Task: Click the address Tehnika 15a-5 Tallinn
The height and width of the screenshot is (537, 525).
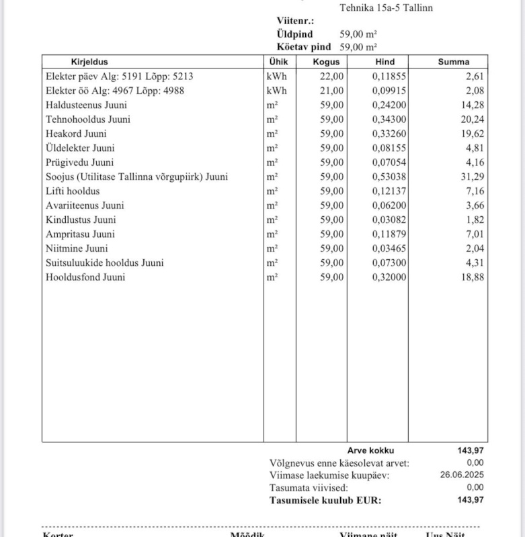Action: tap(386, 8)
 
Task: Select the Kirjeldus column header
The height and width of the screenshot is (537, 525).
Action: tap(89, 62)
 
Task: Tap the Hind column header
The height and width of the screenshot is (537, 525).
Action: tap(385, 62)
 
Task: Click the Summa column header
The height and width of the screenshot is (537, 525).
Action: tap(454, 62)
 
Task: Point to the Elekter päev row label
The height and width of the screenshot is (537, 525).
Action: tap(119, 77)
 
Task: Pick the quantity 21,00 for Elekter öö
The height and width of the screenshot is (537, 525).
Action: tap(332, 91)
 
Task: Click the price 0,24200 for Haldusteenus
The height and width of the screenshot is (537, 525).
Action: tap(389, 105)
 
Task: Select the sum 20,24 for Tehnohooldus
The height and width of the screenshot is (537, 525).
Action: tap(473, 119)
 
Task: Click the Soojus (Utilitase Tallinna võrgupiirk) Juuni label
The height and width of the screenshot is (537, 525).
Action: tap(136, 177)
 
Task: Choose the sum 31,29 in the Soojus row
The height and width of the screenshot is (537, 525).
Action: tap(473, 177)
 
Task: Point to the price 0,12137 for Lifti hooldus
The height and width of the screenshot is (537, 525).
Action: tap(389, 191)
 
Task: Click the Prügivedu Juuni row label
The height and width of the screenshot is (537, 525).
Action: tap(79, 162)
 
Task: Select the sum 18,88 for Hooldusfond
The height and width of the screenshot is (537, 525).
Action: tap(473, 277)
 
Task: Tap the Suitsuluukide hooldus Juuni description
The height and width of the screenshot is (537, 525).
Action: tap(104, 262)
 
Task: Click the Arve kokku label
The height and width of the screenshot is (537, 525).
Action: tap(370, 450)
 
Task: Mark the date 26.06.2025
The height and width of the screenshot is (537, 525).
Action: tap(462, 475)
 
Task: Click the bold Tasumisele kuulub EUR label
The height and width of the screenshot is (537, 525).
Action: tap(325, 500)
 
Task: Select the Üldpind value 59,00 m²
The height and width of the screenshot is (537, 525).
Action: tap(358, 34)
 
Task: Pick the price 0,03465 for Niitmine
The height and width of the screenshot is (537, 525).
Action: tap(389, 248)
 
